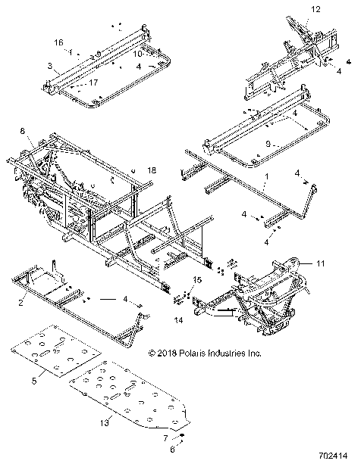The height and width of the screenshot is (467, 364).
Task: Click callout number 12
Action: tap(315, 9)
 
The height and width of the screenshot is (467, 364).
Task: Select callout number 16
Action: tap(58, 42)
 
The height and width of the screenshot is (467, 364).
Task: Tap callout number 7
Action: tap(165, 437)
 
